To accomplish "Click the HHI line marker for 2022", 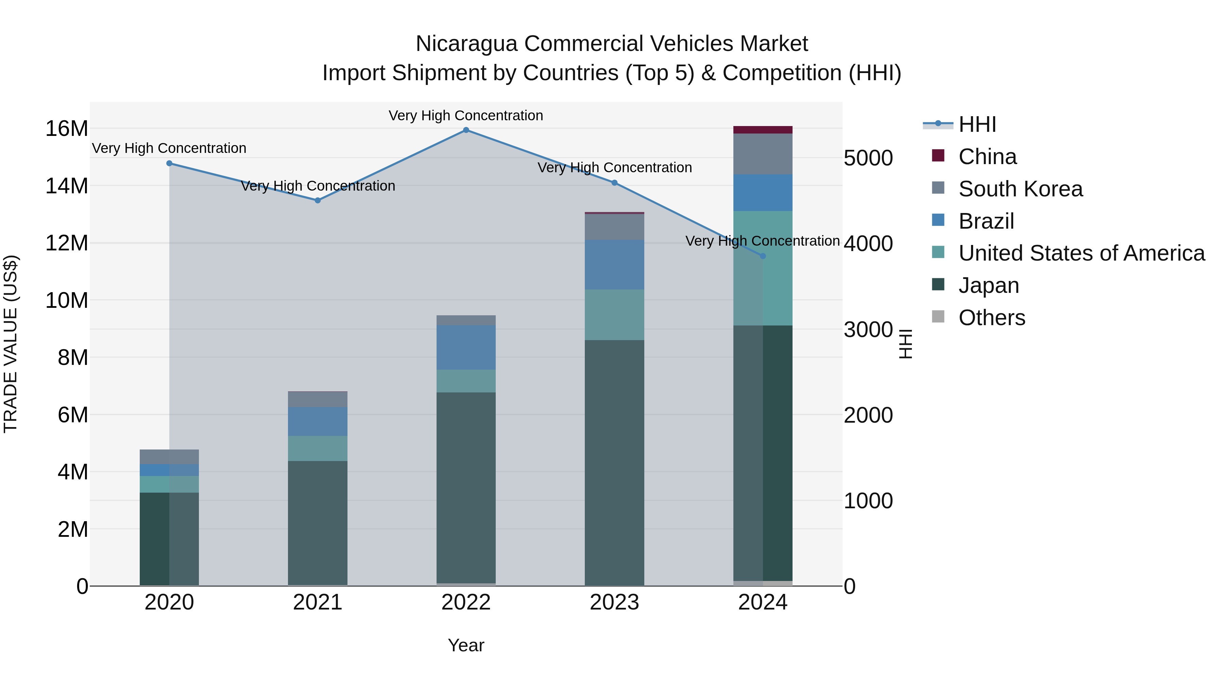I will point(466,130).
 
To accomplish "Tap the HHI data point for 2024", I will point(763,256).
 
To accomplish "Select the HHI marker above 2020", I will point(169,163).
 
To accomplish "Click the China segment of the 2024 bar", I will point(763,130).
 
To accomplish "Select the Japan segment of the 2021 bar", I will point(318,522).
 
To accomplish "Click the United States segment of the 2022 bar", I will point(466,381).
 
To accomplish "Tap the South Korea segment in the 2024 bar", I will point(763,154).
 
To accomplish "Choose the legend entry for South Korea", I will point(1020,189).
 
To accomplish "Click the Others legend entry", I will point(992,318).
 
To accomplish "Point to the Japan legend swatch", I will point(938,285).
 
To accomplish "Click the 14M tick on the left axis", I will point(67,186).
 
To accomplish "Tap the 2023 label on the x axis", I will point(614,602).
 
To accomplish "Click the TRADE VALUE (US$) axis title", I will point(11,344).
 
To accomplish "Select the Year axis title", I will point(466,645).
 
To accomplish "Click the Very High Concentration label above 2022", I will point(466,116).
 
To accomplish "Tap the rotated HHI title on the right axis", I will point(906,344).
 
